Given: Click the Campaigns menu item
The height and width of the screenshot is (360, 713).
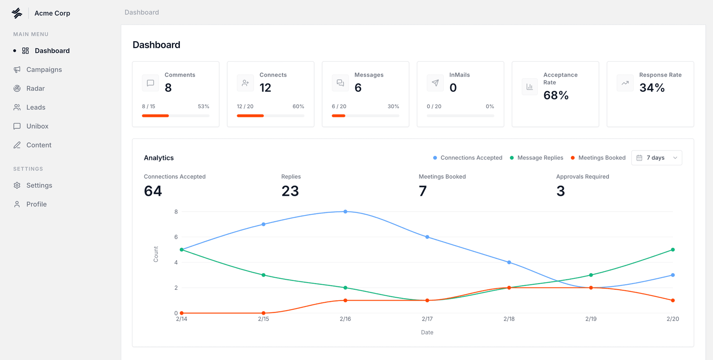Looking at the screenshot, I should (44, 69).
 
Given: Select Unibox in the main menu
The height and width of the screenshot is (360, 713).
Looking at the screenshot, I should (37, 126).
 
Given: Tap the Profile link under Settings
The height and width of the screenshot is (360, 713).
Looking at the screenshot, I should (36, 204).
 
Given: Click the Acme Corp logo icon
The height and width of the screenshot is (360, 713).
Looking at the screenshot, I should (17, 13).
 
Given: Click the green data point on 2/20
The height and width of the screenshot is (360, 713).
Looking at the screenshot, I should (673, 250).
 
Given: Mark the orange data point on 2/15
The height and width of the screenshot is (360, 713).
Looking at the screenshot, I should (263, 313).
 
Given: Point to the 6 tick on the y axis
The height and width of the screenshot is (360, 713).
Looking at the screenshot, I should (176, 237).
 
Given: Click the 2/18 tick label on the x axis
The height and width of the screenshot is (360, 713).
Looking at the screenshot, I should (509, 319).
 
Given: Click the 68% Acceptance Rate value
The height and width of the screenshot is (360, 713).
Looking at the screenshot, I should (556, 95).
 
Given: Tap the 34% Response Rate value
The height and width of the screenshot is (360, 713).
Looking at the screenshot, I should (652, 88).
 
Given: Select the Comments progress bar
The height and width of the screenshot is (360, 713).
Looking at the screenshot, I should (175, 116).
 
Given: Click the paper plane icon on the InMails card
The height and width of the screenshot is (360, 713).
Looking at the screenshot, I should (435, 83).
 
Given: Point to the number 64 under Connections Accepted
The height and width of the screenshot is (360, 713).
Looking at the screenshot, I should (153, 191).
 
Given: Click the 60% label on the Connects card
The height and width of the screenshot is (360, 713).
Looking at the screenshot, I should (298, 106).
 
